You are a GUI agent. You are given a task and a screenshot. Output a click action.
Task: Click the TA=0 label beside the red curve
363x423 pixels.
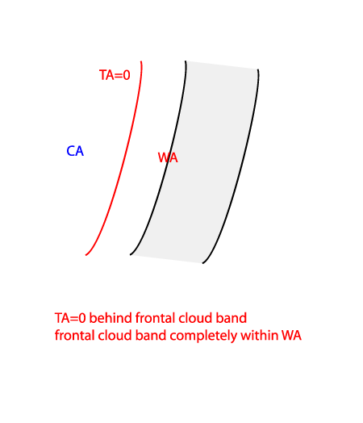[115, 75]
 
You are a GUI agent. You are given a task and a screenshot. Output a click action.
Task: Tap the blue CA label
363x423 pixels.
[75, 151]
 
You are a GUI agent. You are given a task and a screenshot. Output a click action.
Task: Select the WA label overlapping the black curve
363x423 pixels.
[168, 157]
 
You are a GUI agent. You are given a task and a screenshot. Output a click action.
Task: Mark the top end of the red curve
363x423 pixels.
[141, 61]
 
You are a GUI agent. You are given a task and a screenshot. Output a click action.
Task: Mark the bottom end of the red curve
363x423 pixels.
[86, 255]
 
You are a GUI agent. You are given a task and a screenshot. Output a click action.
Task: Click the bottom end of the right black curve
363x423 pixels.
[202, 263]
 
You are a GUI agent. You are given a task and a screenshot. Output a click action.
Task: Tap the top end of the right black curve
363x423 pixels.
[258, 69]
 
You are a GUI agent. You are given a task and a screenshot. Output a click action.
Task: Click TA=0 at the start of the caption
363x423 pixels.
[70, 318]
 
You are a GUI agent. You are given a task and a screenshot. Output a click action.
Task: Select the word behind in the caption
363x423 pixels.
[111, 318]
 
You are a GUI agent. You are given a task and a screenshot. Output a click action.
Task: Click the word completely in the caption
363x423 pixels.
[203, 336]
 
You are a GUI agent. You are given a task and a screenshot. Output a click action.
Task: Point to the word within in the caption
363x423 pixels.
[259, 335]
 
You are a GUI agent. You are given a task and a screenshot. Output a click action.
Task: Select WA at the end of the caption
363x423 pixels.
[291, 336]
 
